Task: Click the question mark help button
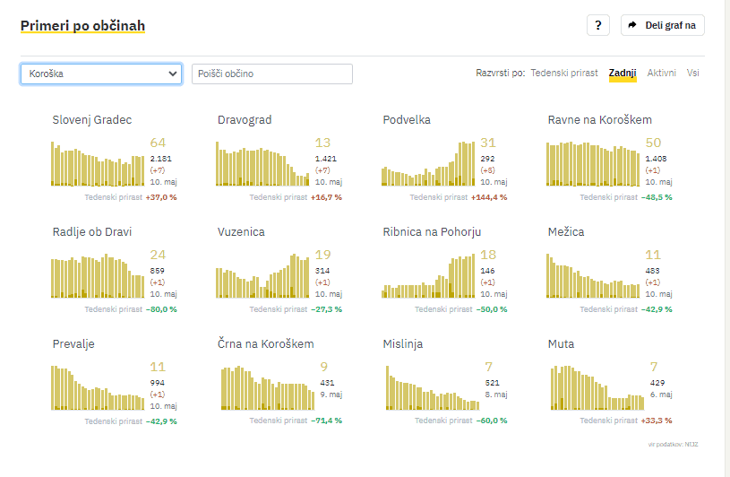(x=598, y=25)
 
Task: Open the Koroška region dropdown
(x=101, y=74)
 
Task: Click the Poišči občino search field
(x=272, y=74)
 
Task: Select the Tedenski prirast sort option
(x=564, y=73)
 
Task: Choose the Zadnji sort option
(x=623, y=73)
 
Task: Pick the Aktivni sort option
(x=662, y=73)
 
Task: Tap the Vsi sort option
(x=693, y=73)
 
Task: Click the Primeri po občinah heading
(x=82, y=26)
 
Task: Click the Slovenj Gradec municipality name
(x=92, y=120)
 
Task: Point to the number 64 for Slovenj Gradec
(x=159, y=143)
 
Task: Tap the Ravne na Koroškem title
(x=600, y=120)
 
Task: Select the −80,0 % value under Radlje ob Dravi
(x=161, y=309)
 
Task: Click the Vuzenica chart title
(x=241, y=232)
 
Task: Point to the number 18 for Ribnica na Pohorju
(x=488, y=255)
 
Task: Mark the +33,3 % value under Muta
(x=657, y=421)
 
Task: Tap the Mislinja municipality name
(x=403, y=344)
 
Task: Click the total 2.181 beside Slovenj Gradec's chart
(x=161, y=159)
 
